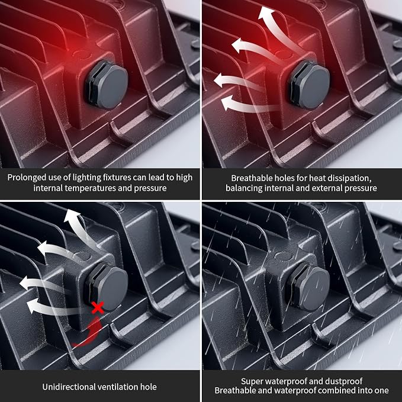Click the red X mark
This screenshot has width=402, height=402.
point(98,307)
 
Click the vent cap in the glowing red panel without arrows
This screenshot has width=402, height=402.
point(107,86)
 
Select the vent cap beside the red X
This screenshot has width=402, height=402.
point(107,287)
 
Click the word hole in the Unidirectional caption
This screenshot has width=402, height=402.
point(149,387)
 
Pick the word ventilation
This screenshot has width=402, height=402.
point(117,387)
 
